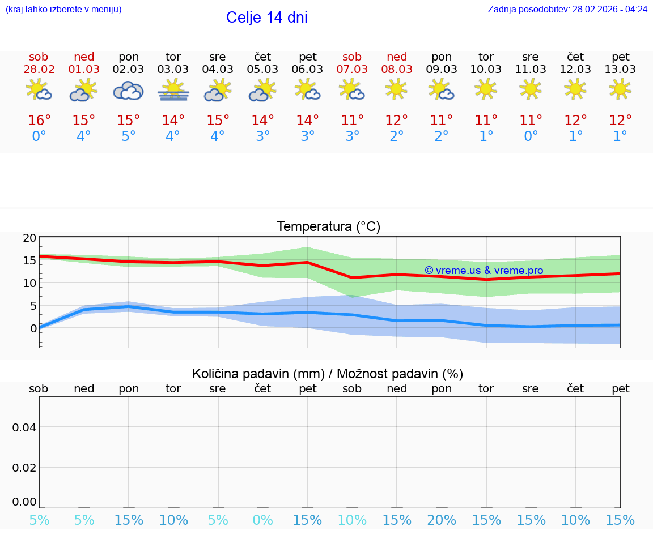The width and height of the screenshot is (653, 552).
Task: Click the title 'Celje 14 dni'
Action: (266, 18)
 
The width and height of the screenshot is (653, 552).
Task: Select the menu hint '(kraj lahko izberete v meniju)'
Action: (63, 10)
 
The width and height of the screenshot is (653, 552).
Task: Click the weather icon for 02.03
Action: (128, 91)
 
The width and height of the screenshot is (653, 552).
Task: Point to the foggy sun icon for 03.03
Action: (173, 91)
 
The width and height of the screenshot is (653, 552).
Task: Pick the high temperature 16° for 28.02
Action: (39, 121)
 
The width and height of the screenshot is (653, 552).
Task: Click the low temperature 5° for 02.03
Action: (128, 136)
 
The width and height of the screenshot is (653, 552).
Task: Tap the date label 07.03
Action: (352, 70)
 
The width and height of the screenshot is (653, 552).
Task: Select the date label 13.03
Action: (621, 70)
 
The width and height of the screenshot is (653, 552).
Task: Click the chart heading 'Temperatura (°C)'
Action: (328, 227)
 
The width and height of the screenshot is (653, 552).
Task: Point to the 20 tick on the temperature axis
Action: (29, 238)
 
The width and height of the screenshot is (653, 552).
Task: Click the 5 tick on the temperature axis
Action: (33, 306)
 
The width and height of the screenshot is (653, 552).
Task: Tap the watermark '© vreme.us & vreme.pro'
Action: (484, 271)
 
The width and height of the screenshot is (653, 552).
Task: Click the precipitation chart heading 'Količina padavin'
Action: (328, 374)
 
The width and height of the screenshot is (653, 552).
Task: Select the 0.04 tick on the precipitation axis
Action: (24, 427)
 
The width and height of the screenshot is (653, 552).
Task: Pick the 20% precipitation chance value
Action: (442, 520)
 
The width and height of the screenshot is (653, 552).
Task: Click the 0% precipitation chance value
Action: (262, 520)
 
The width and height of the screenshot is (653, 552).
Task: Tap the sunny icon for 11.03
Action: (531, 89)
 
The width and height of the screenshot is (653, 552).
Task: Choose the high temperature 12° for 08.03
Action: (397, 121)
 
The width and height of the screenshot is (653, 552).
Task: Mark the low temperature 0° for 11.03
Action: (531, 136)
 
